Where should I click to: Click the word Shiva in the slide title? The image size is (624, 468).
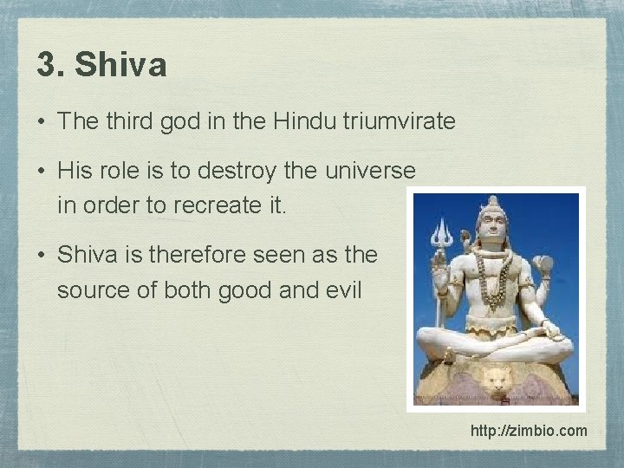pos(121,66)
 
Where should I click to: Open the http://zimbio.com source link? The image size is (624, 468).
pos(529,431)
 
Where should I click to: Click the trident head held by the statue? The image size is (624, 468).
pos(441,233)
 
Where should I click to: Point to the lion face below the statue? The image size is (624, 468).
pos(496,380)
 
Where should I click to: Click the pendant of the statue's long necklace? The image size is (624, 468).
pos(496,304)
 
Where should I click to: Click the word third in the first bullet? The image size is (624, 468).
pos(129,122)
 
